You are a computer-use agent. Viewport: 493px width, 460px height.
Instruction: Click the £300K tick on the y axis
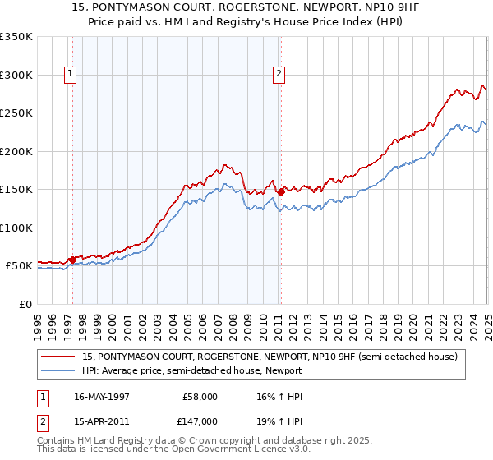point(16,75)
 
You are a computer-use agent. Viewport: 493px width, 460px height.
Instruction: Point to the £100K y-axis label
point(16,228)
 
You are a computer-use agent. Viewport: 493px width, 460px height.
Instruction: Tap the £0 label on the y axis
point(25,304)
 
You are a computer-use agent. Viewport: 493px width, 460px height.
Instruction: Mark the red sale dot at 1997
point(72,260)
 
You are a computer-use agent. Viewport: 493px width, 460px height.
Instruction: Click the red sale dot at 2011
point(280,191)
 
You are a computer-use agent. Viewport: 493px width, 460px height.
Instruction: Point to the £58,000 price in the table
point(200,397)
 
